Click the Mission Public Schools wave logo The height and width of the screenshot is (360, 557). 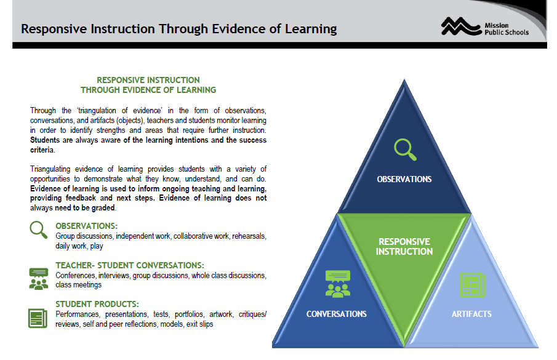[x=460, y=26]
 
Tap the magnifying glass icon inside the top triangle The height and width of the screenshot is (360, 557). [x=404, y=149]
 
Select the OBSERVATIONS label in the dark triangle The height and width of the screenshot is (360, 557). [x=404, y=180]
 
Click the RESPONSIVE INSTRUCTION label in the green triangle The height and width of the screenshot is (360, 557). [x=404, y=246]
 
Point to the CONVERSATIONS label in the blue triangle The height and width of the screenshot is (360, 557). [x=337, y=314]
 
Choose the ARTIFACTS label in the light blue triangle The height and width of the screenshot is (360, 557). [x=472, y=314]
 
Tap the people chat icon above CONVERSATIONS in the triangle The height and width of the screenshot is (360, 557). [x=337, y=284]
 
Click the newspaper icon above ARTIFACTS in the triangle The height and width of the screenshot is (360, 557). [x=472, y=284]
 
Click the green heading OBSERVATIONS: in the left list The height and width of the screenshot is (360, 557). [x=86, y=226]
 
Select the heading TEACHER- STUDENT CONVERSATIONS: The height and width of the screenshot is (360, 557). [x=129, y=265]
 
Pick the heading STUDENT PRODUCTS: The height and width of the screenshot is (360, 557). [x=97, y=304]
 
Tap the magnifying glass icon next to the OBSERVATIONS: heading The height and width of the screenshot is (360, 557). [x=39, y=230]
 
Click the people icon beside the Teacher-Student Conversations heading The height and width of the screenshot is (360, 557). [x=38, y=278]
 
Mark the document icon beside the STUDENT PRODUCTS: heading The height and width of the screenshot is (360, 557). [x=38, y=318]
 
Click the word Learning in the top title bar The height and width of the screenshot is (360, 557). [x=310, y=29]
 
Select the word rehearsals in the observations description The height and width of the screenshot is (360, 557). [x=248, y=236]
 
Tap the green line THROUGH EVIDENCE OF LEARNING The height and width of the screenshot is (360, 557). [x=148, y=90]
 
